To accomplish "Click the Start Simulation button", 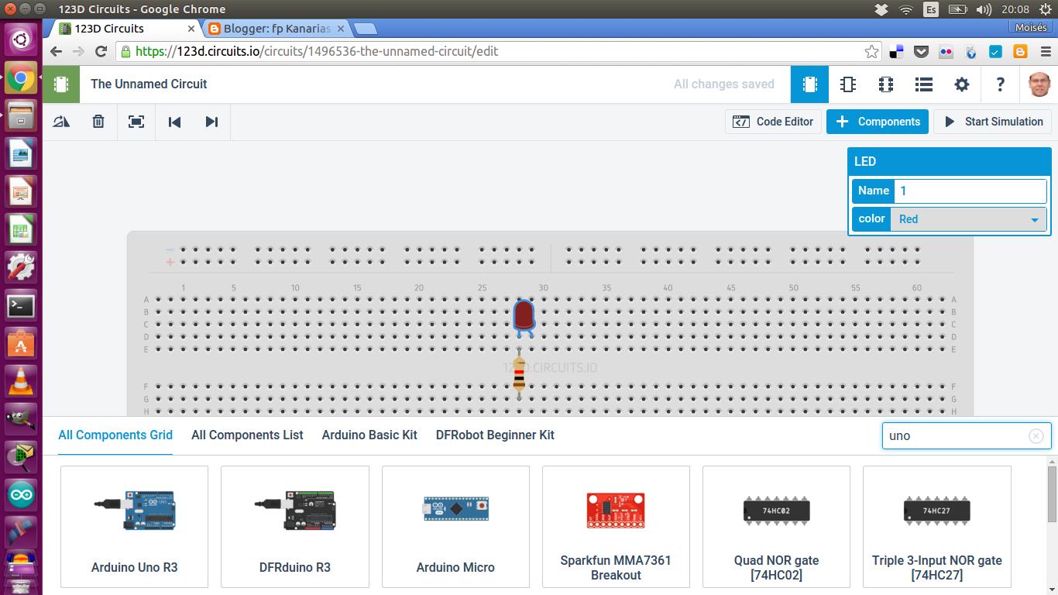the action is coord(994,122).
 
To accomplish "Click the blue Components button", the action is coord(878,122).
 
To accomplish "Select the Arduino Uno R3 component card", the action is coord(134,527).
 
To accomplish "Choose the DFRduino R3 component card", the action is coord(294,527).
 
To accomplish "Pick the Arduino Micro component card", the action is coord(455,527).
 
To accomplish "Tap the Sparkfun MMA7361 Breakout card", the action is coord(616,527).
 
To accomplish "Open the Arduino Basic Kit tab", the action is coord(369,435).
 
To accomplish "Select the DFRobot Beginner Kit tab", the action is coord(495,435).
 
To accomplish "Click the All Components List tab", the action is coord(247,435).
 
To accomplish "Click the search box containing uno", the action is coord(957,436).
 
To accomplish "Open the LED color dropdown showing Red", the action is coord(968,219).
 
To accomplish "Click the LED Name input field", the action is coord(970,191).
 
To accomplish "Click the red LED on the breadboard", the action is coord(524,316).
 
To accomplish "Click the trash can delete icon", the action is coord(98,122).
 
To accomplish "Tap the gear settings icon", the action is coord(962,84).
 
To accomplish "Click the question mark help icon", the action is coord(1000,84).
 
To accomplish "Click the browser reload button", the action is coord(101,52).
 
